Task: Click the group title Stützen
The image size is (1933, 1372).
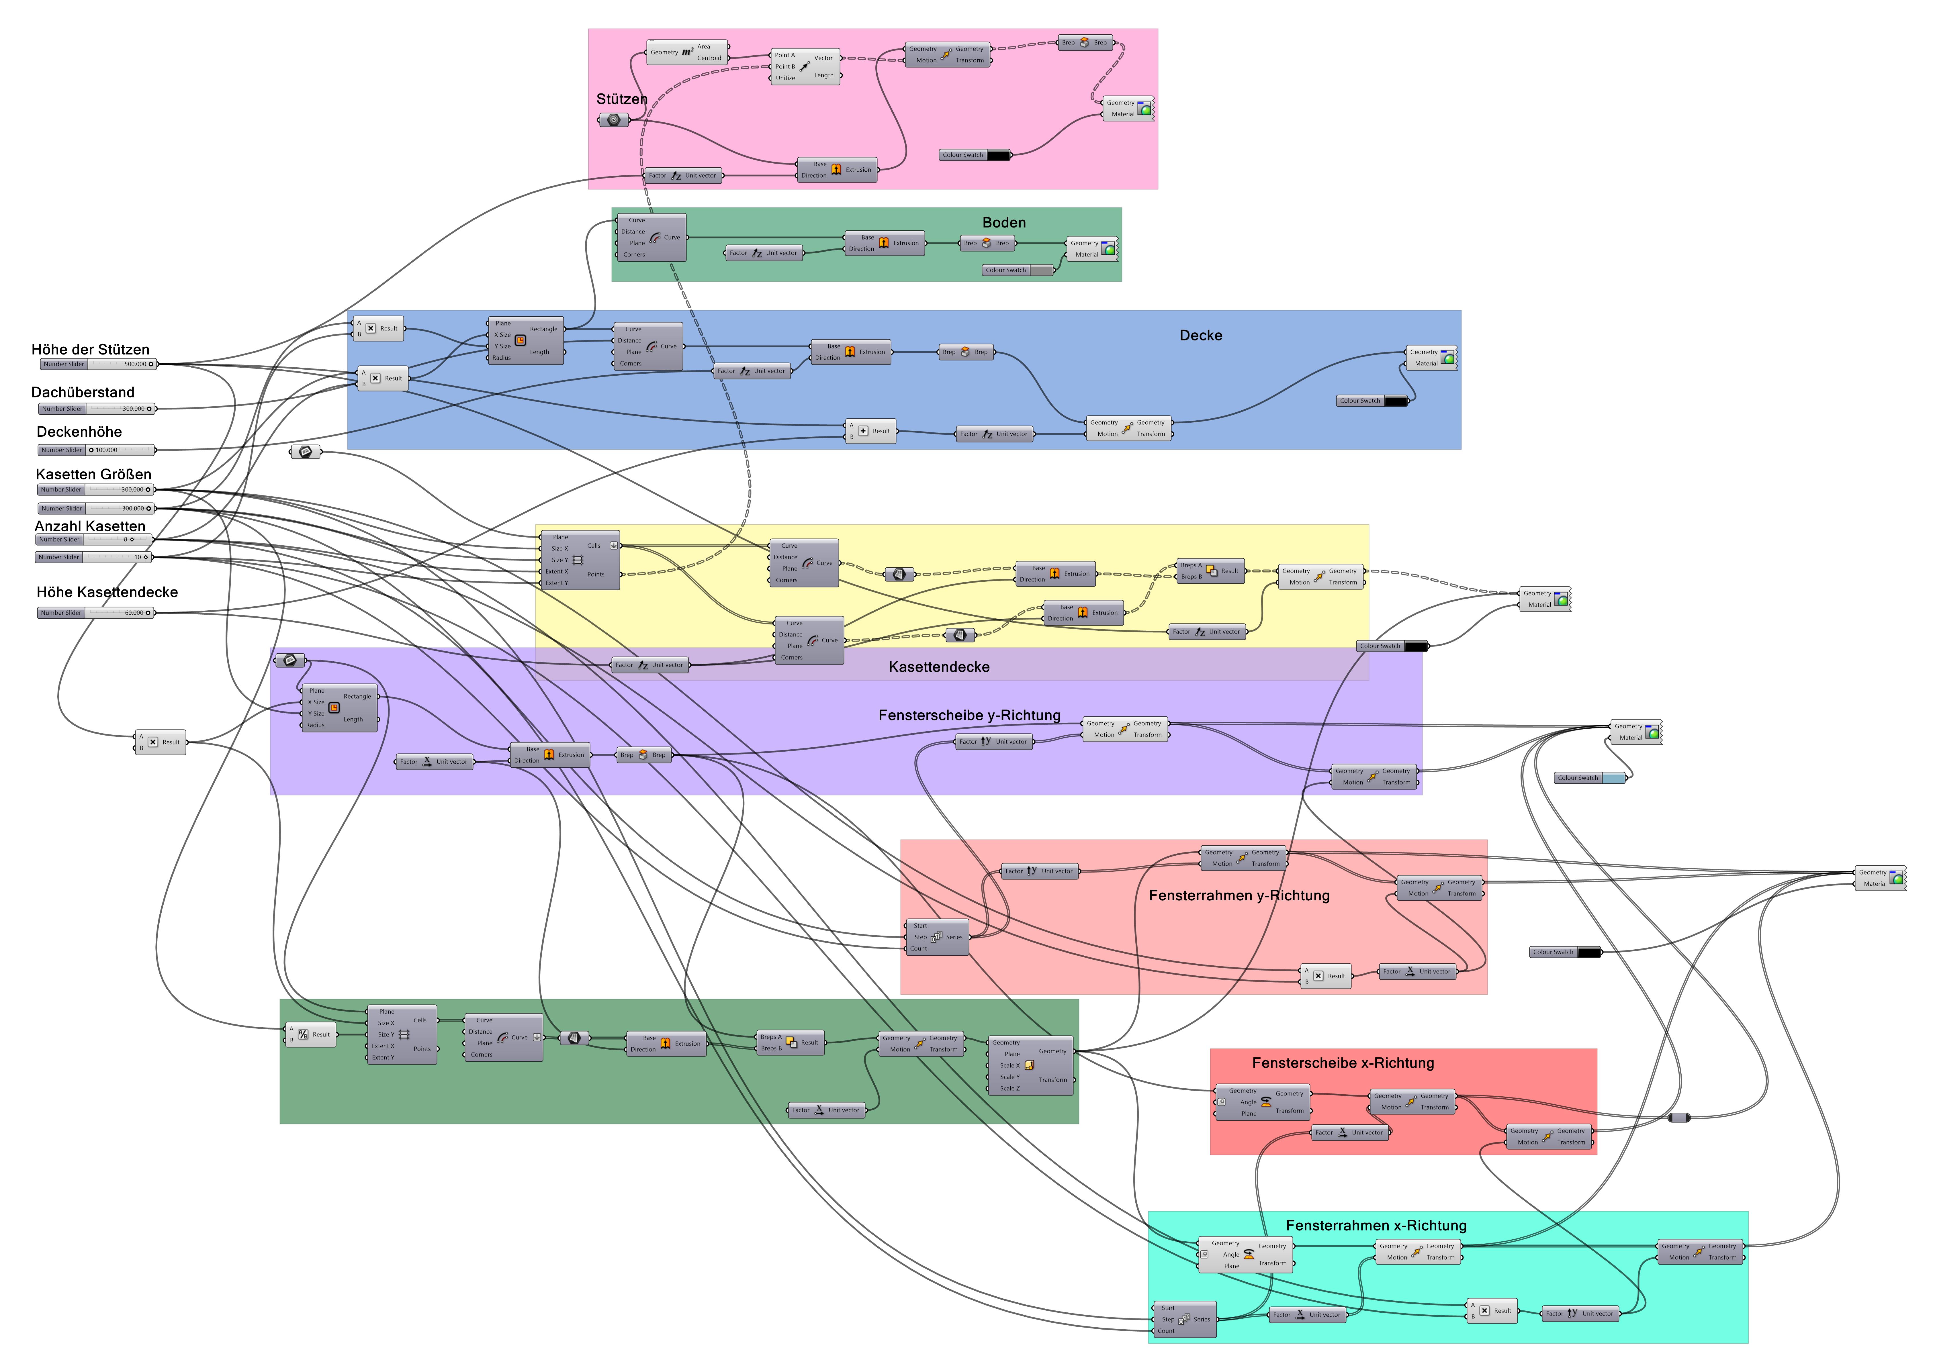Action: (x=622, y=99)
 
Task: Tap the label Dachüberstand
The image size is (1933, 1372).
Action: (x=83, y=392)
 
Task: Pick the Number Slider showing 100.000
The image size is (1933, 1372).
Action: (x=97, y=450)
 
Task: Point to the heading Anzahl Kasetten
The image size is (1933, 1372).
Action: (x=89, y=526)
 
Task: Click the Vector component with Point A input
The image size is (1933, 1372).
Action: (x=805, y=66)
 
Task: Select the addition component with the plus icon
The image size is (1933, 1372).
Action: (x=870, y=431)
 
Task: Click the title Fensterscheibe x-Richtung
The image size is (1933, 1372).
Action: (x=1343, y=1063)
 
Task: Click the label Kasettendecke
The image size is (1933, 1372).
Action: (x=939, y=667)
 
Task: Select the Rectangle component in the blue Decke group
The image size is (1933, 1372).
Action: (x=525, y=340)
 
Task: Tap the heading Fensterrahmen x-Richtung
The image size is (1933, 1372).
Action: (x=1376, y=1225)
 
